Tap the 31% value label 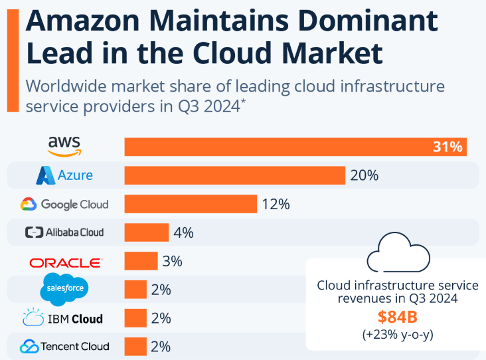[447, 147]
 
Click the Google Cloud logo [64, 204]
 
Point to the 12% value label [276, 204]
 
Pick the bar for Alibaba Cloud [147, 232]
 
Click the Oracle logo [66, 262]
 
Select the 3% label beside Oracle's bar [172, 261]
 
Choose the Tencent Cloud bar [135, 346]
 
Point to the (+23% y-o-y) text [397, 334]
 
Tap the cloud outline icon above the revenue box [396, 252]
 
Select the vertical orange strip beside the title [11, 56]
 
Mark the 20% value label [364, 175]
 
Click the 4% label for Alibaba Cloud [183, 232]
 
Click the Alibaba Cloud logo [64, 232]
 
